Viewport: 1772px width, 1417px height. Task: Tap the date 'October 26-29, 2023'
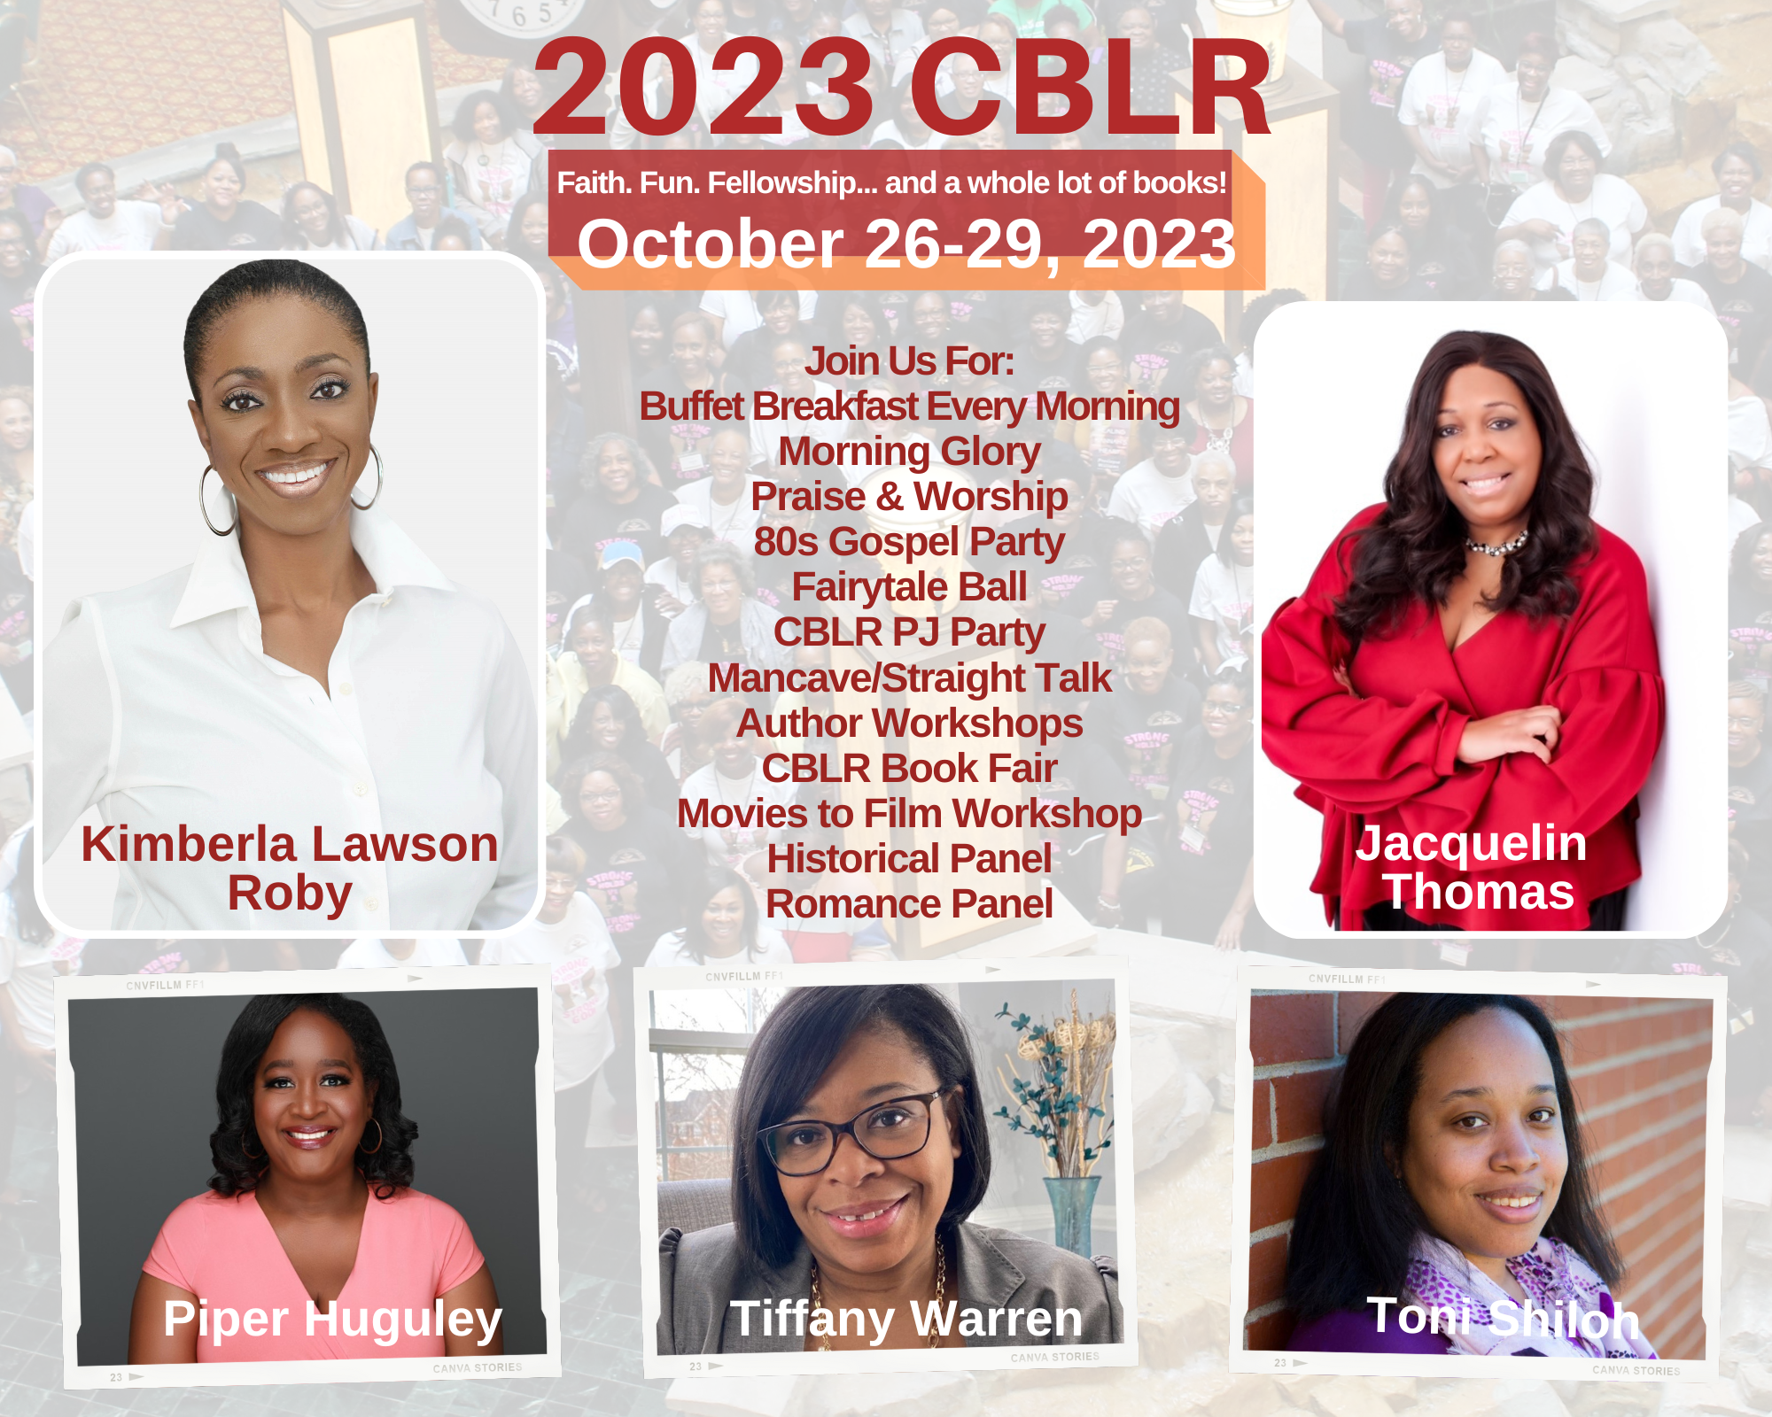(906, 244)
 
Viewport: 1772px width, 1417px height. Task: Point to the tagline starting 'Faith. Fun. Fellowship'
(891, 182)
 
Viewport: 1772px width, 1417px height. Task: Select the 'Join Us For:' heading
(909, 361)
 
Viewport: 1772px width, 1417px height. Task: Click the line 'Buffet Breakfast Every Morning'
(909, 407)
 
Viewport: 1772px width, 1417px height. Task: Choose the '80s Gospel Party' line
(909, 542)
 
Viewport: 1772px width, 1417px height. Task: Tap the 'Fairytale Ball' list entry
(909, 587)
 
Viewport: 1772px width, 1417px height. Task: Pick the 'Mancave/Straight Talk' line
(909, 678)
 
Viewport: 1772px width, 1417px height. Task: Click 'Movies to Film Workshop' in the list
(909, 814)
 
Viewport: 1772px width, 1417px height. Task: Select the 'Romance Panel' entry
(909, 904)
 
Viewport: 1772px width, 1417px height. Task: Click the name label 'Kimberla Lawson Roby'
(290, 868)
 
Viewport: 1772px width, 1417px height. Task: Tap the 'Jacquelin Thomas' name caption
(1472, 867)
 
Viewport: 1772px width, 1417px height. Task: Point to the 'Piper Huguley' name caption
(332, 1320)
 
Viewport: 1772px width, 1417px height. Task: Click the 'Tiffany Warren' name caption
(906, 1320)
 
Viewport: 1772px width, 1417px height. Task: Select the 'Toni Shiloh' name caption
(1503, 1318)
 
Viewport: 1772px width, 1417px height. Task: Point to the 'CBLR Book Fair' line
(909, 769)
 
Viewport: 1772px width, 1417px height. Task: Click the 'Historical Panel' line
(909, 859)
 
